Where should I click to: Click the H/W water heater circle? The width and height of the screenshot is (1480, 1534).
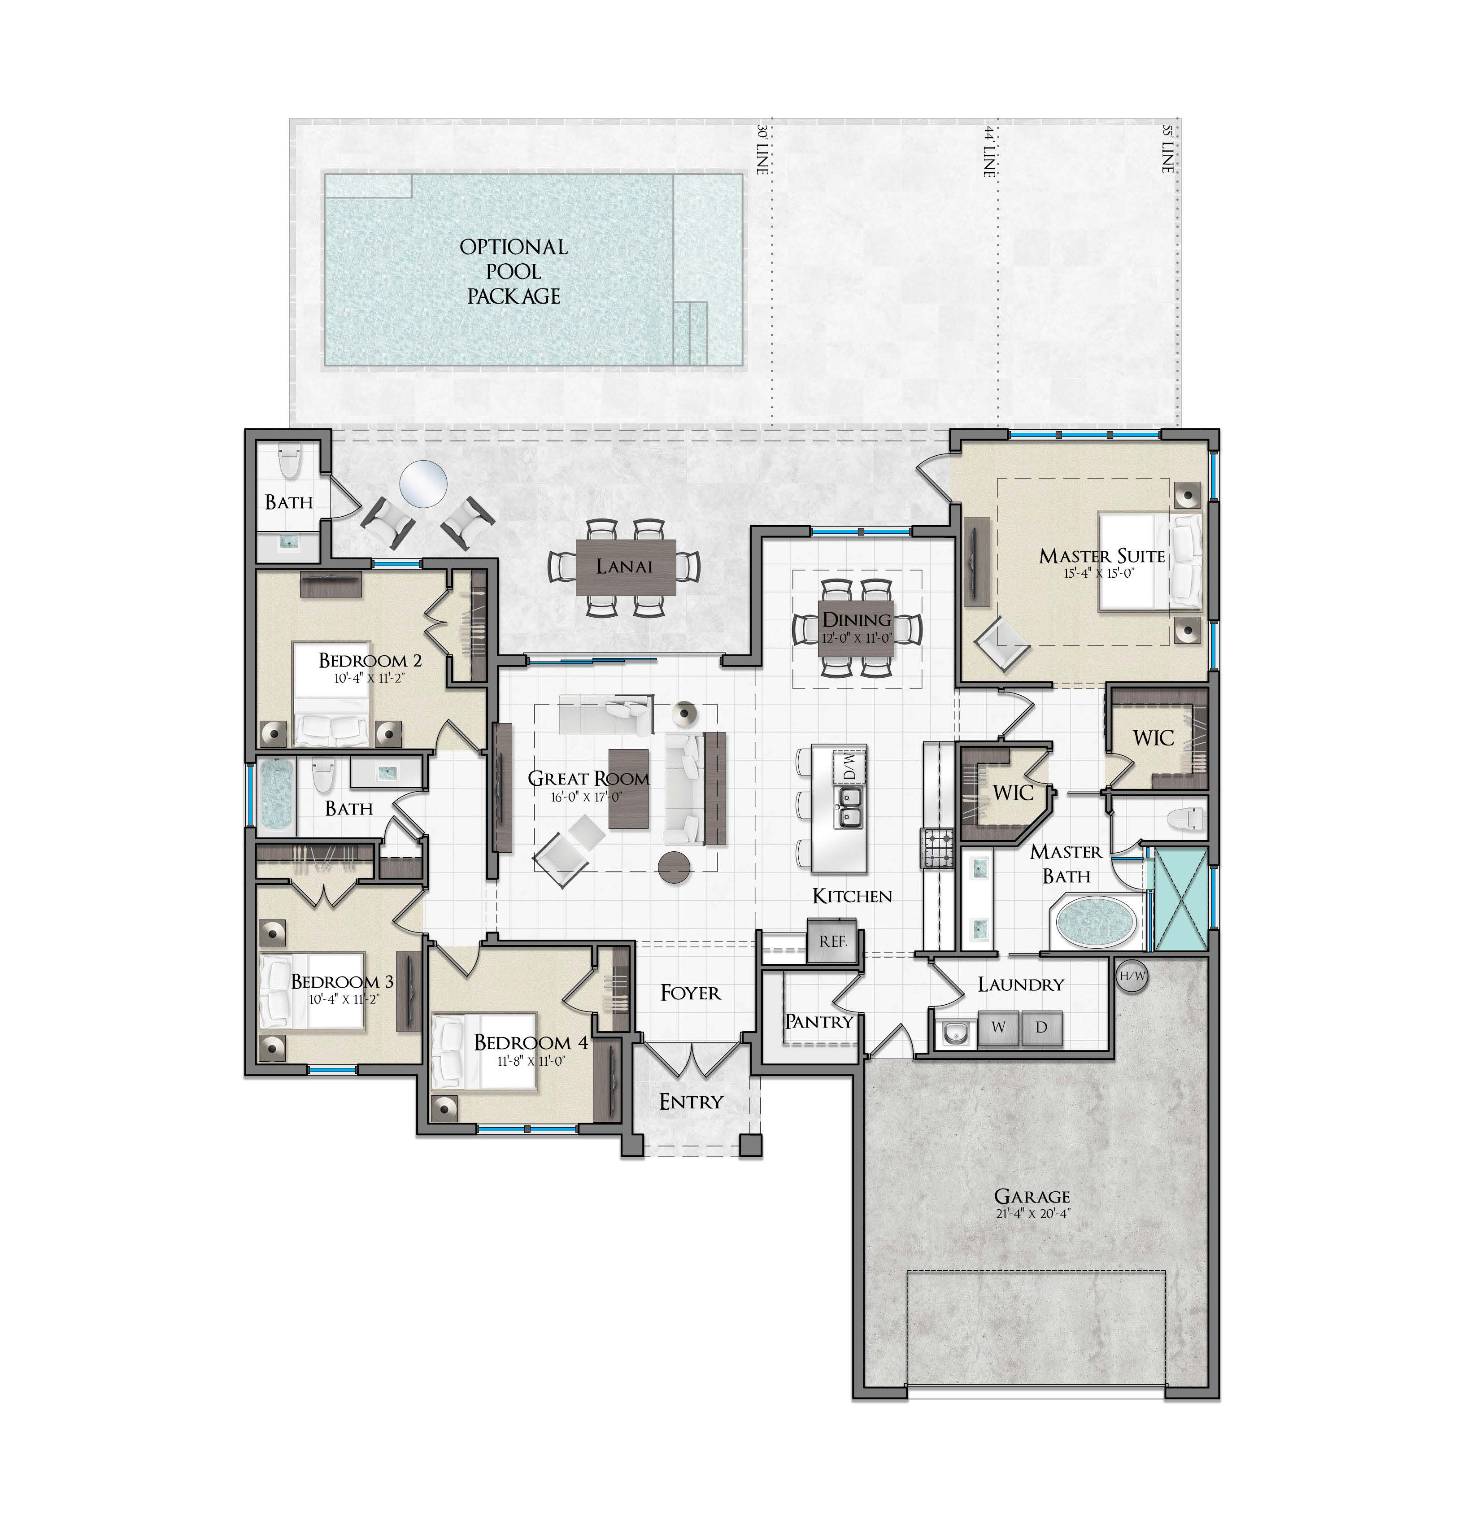tap(1132, 977)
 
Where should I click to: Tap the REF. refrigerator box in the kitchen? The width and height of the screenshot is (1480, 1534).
tap(833, 941)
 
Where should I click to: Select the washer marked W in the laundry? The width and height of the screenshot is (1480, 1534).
tap(998, 1028)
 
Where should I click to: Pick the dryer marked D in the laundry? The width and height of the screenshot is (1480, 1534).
tap(1041, 1028)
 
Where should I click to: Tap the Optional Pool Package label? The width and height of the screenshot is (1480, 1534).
tap(514, 271)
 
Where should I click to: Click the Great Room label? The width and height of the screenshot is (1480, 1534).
tap(588, 778)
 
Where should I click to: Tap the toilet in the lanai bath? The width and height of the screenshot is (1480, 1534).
tap(290, 462)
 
